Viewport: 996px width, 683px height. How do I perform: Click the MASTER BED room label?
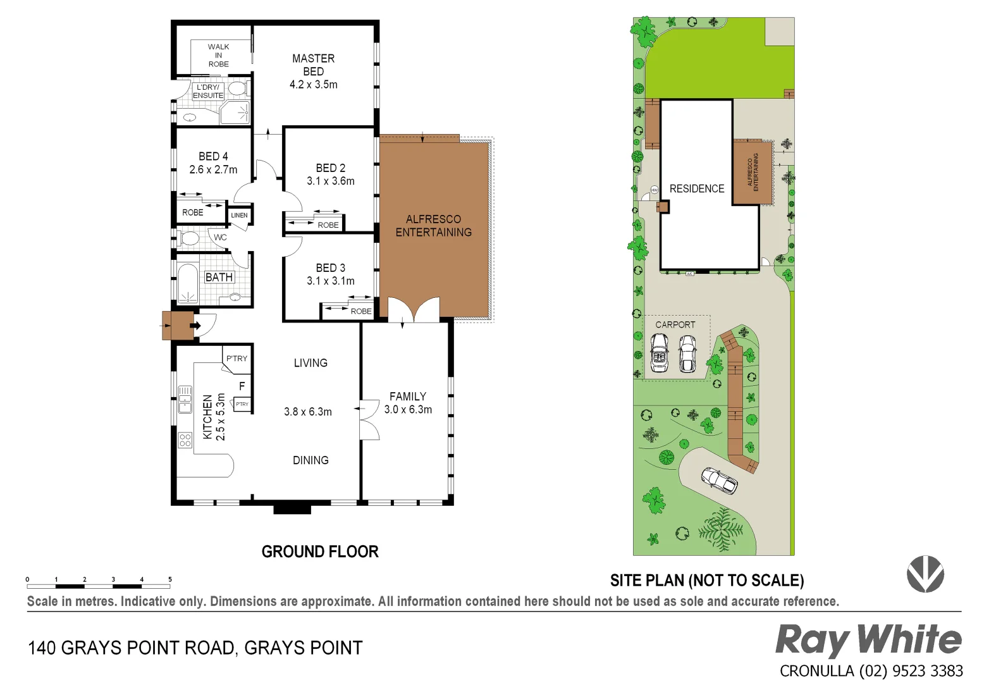click(313, 65)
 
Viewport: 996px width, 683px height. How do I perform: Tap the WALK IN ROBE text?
click(218, 56)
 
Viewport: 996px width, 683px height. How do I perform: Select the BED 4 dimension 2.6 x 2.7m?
click(213, 170)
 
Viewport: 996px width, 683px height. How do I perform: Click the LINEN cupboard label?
click(239, 215)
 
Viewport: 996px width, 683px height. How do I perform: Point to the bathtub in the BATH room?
click(188, 283)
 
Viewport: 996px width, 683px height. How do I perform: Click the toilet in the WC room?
click(188, 238)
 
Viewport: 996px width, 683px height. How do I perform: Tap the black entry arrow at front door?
click(195, 326)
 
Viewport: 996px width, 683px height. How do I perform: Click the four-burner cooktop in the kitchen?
click(185, 440)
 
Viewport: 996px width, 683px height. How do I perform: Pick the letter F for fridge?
click(242, 386)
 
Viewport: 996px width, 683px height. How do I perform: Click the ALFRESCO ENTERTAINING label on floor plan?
click(433, 226)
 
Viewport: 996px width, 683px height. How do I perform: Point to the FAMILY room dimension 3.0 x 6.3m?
click(408, 410)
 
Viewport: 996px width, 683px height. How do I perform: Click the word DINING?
click(310, 460)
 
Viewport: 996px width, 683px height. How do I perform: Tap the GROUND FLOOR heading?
click(320, 551)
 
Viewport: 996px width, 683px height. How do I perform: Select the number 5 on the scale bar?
click(169, 579)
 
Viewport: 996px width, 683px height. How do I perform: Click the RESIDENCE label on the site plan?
click(697, 188)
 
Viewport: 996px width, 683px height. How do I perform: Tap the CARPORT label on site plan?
click(675, 324)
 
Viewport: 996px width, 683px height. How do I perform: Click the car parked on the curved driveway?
click(720, 481)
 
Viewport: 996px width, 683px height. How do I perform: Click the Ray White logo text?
click(868, 640)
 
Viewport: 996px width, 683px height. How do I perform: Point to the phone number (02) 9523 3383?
click(911, 671)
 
